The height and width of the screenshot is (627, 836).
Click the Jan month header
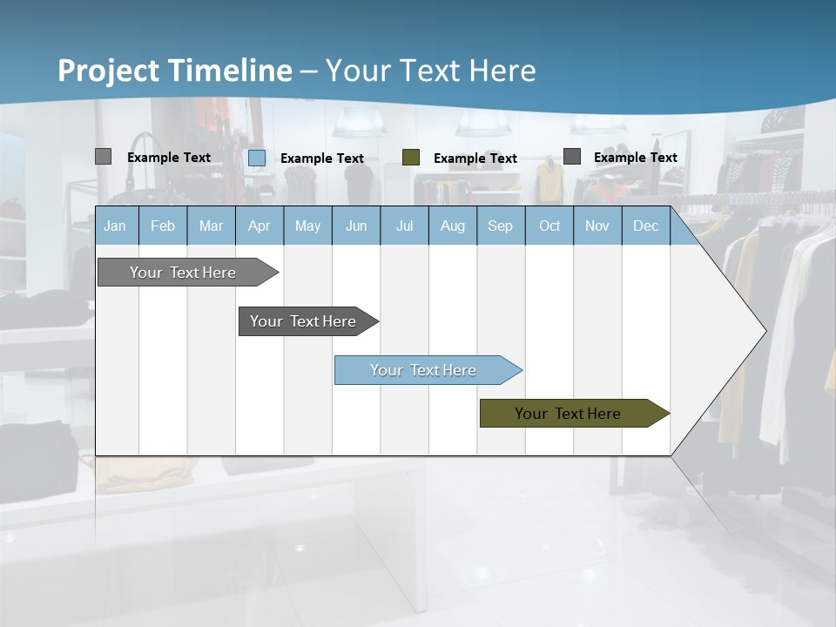pyautogui.click(x=115, y=226)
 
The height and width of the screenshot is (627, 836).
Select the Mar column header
pyautogui.click(x=211, y=226)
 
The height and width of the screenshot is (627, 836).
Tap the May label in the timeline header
pyautogui.click(x=307, y=226)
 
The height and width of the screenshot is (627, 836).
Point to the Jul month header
pyautogui.click(x=404, y=226)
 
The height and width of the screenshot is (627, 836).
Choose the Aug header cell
pyautogui.click(x=452, y=226)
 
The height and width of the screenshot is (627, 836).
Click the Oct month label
pyautogui.click(x=549, y=226)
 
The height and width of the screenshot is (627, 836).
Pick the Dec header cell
pyautogui.click(x=645, y=226)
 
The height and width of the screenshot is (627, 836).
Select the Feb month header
pyautogui.click(x=163, y=226)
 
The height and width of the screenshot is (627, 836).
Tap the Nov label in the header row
pyautogui.click(x=597, y=226)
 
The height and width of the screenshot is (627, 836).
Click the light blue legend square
pyautogui.click(x=257, y=158)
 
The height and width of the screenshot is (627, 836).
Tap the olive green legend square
pyautogui.click(x=411, y=158)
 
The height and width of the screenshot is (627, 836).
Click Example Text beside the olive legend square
pyautogui.click(x=475, y=158)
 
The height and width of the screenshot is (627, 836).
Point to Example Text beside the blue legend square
pyautogui.click(x=322, y=158)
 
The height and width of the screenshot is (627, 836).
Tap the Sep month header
pyautogui.click(x=500, y=226)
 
